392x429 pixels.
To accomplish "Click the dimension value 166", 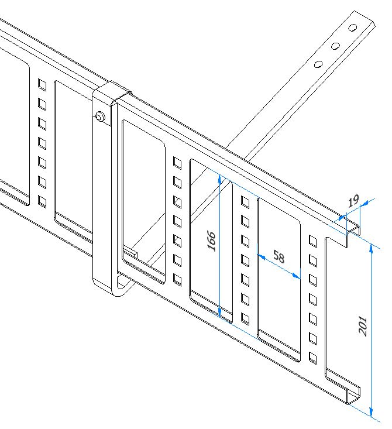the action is click(x=212, y=241).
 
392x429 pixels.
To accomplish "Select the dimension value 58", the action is click(x=279, y=257).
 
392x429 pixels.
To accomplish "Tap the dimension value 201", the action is click(x=363, y=325).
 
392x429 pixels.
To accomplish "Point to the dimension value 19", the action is click(x=353, y=201).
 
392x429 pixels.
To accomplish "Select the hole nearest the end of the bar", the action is click(x=353, y=28).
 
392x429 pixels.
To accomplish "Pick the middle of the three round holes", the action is click(x=335, y=46).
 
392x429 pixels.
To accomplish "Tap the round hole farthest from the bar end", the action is click(x=318, y=64).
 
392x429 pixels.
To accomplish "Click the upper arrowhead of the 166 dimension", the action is click(x=219, y=179).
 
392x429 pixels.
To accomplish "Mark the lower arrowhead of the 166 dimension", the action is click(x=219, y=311).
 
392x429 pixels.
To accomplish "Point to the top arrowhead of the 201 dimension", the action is click(x=371, y=248).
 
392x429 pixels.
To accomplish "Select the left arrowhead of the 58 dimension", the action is click(x=262, y=257).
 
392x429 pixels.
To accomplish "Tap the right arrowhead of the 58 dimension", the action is click(x=296, y=276).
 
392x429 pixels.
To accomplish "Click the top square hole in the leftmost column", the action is click(x=42, y=84).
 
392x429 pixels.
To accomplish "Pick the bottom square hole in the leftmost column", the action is click(x=42, y=202).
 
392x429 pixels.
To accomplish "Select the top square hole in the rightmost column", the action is click(x=313, y=241).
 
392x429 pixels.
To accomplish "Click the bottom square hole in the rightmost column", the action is click(x=313, y=358).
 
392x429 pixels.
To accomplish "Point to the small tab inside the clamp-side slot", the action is click(x=130, y=252).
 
